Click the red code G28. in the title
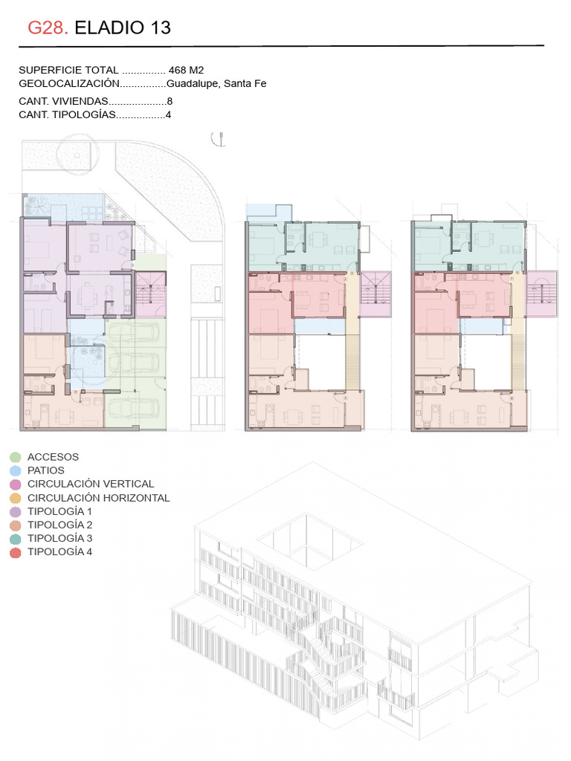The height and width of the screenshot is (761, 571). [48, 27]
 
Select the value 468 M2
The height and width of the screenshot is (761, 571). [186, 71]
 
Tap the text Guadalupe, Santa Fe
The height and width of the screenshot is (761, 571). [216, 83]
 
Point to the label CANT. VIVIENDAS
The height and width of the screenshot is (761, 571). [64, 101]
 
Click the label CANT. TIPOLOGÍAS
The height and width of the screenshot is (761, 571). [68, 115]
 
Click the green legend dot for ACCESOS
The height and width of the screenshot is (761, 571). [16, 457]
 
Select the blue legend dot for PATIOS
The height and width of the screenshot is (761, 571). [16, 470]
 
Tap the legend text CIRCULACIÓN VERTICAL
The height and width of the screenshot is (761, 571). [91, 484]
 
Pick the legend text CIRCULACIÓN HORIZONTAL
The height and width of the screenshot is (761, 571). [99, 498]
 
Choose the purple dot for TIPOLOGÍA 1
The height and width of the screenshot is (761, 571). [16, 511]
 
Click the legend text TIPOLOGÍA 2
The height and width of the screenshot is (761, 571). [59, 525]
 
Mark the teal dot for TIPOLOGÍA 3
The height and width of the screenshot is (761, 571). [16, 539]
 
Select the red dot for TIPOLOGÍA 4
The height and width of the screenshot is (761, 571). [16, 552]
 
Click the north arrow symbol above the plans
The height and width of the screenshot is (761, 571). [219, 139]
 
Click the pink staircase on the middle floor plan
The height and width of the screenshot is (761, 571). [375, 294]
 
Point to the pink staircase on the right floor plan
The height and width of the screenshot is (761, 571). [542, 294]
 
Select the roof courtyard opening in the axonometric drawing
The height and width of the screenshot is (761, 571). [310, 538]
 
